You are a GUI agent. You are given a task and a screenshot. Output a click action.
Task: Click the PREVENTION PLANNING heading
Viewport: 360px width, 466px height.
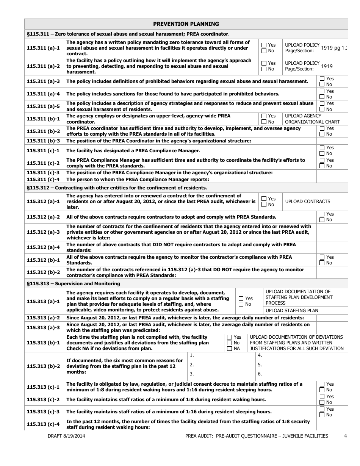tap(186, 24)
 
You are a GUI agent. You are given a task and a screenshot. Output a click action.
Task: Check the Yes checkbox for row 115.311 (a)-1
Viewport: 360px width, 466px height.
tap(264, 45)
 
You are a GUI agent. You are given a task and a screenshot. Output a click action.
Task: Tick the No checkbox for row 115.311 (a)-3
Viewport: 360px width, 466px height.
tap(322, 84)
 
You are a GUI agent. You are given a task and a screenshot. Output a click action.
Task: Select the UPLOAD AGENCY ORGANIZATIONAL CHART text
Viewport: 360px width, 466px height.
tap(312, 119)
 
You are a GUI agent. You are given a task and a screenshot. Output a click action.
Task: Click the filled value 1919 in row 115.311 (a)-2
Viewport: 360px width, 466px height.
tap(327, 66)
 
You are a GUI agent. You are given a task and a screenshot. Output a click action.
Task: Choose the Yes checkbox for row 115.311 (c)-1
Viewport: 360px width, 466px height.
tap(322, 148)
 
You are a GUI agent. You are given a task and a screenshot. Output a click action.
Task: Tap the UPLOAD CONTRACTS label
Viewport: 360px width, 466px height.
tap(307, 202)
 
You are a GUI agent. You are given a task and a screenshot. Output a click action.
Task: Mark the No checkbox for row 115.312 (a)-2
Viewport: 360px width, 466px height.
tap(322, 220)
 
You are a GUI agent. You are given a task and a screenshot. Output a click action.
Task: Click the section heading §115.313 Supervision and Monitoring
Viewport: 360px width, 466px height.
tap(74, 284)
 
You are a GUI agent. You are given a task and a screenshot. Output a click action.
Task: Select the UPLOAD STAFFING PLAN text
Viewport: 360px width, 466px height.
tap(292, 311)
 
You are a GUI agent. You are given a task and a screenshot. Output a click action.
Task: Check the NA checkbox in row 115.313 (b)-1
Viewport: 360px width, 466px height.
tap(230, 349)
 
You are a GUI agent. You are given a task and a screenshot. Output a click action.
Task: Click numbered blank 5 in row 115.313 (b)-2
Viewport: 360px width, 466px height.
tap(260, 365)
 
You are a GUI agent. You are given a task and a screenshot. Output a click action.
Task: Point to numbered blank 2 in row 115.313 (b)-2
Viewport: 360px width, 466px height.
tap(192, 365)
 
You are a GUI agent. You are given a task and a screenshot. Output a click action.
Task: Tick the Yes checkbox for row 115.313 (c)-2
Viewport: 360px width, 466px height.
tap(322, 397)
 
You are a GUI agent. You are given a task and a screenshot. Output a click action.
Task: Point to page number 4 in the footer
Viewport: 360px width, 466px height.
tap(345, 436)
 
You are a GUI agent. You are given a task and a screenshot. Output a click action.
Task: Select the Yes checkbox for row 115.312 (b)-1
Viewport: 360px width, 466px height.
tap(322, 257)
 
